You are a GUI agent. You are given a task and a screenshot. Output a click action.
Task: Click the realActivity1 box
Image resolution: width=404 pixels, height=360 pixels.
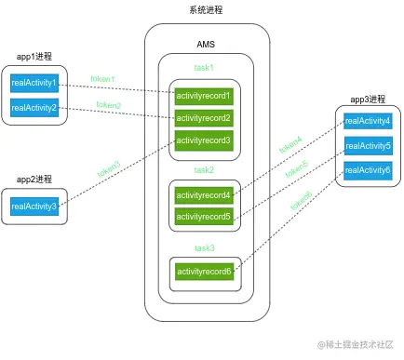pos(34,84)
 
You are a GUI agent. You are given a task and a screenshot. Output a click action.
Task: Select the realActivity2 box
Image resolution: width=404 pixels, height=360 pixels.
pos(34,108)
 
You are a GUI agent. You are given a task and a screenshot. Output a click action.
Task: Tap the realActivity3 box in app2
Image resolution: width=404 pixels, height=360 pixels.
pos(34,206)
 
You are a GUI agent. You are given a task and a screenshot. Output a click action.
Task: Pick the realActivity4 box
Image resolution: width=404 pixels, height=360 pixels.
pos(368,121)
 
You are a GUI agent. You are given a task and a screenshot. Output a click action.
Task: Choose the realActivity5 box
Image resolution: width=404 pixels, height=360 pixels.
pos(368,145)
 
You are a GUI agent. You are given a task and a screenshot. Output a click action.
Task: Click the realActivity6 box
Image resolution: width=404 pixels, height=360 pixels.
pos(368,169)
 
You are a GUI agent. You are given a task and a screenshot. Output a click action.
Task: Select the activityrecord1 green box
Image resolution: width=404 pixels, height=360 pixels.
pos(204,95)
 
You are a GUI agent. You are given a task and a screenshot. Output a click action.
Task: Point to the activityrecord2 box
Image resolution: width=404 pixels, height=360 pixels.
pos(204,118)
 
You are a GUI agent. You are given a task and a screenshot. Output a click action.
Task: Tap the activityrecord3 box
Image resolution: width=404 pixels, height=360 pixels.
pos(204,140)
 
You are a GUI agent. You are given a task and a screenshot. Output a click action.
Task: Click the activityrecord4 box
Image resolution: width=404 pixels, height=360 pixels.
pos(204,195)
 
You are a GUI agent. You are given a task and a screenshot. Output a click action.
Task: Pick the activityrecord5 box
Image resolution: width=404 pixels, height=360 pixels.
pos(204,217)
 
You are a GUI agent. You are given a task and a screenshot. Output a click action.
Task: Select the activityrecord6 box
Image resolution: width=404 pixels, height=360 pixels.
pos(204,272)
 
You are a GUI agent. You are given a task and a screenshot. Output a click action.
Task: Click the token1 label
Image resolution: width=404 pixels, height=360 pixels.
pos(103,78)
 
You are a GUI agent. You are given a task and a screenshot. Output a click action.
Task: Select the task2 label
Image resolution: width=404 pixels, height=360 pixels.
pos(204,170)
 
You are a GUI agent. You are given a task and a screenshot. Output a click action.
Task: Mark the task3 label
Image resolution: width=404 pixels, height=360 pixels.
pos(204,248)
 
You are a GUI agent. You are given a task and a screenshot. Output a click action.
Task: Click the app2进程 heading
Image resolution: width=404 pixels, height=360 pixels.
pos(34,179)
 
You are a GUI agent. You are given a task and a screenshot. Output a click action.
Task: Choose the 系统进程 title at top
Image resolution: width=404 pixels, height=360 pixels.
pos(206,9)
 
